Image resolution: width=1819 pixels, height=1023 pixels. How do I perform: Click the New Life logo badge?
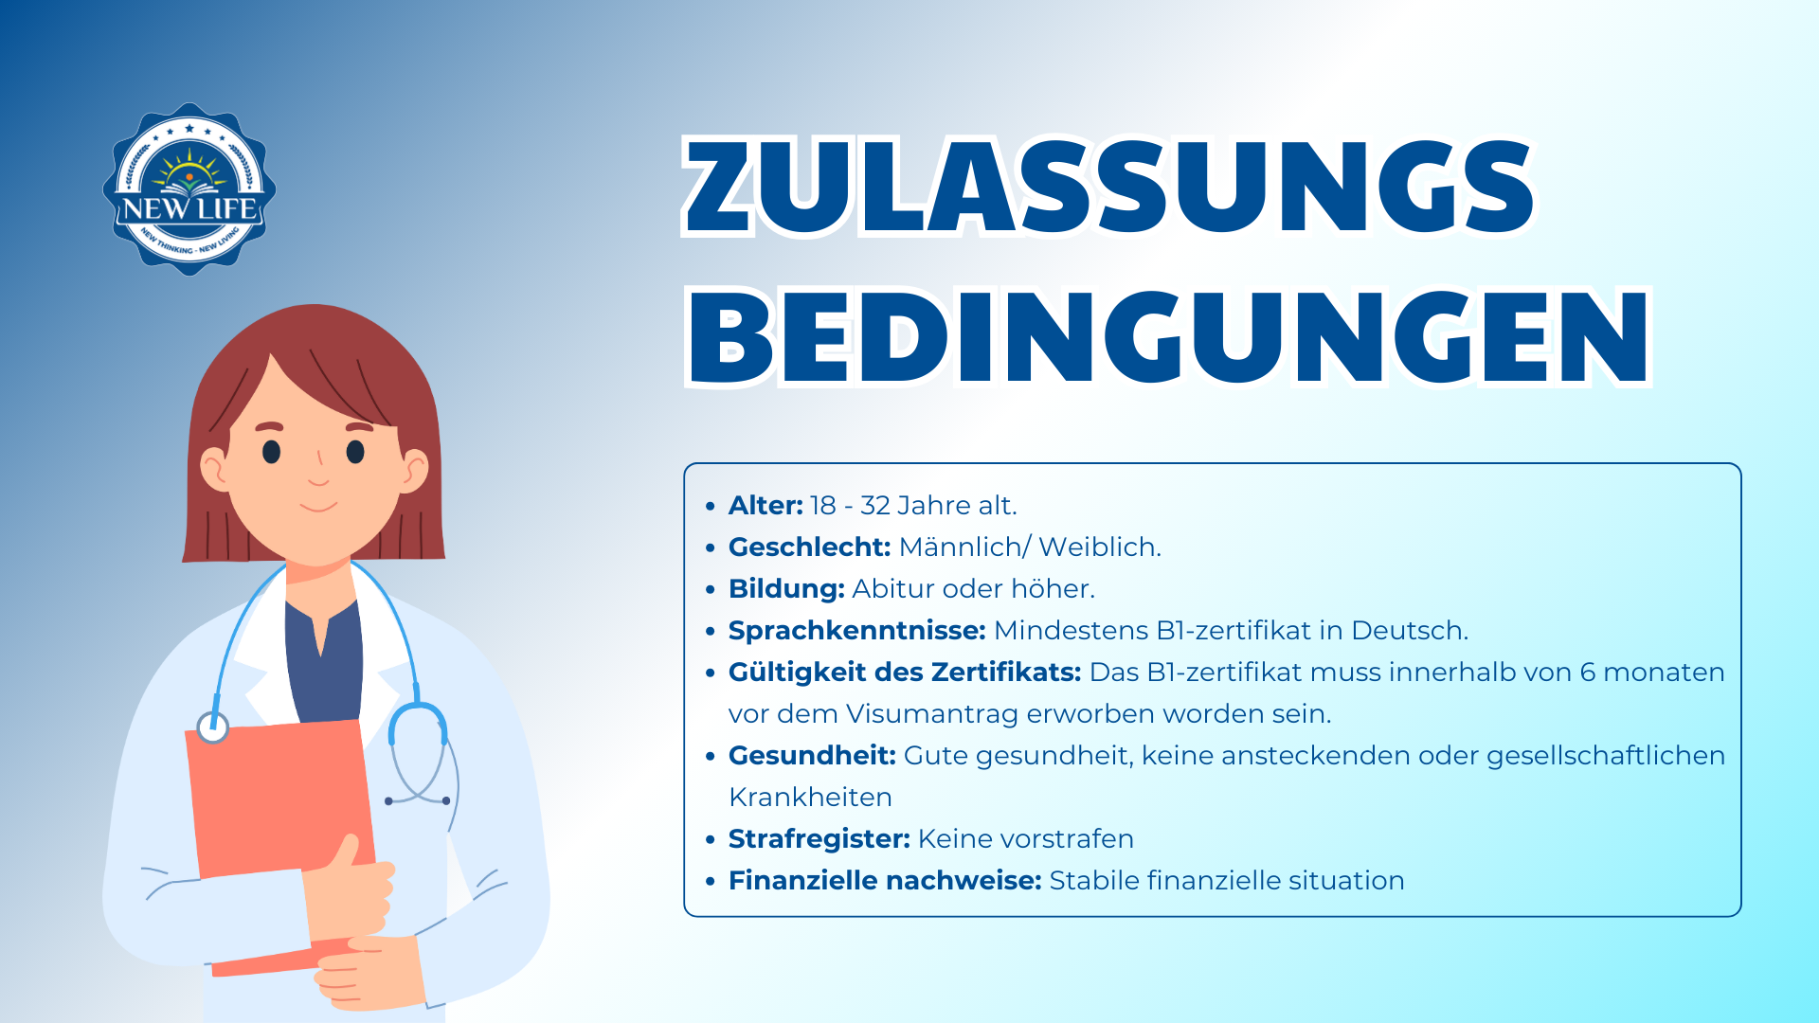tap(189, 189)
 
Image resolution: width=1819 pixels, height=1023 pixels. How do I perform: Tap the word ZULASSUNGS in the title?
tap(1108, 186)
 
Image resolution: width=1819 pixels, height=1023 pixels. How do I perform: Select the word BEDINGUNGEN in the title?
tap(1168, 337)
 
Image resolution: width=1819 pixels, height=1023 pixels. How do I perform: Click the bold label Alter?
tap(765, 506)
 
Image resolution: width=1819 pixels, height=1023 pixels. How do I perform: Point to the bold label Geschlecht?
tap(810, 547)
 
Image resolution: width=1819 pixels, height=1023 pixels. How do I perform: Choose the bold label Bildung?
tap(786, 589)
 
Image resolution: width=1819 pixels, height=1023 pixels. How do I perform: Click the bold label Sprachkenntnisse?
tap(857, 631)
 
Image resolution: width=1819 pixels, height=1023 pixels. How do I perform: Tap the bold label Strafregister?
tap(819, 839)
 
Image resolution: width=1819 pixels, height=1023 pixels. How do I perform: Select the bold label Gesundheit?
tap(812, 756)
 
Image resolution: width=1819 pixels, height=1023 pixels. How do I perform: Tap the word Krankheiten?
tap(810, 798)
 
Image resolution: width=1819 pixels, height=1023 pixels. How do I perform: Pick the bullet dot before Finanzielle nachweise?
tap(711, 881)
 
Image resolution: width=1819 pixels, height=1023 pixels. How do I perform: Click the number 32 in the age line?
tap(875, 506)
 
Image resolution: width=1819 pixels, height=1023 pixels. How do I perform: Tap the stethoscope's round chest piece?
tap(213, 727)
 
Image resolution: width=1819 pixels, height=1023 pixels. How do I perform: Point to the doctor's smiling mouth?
tap(318, 505)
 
